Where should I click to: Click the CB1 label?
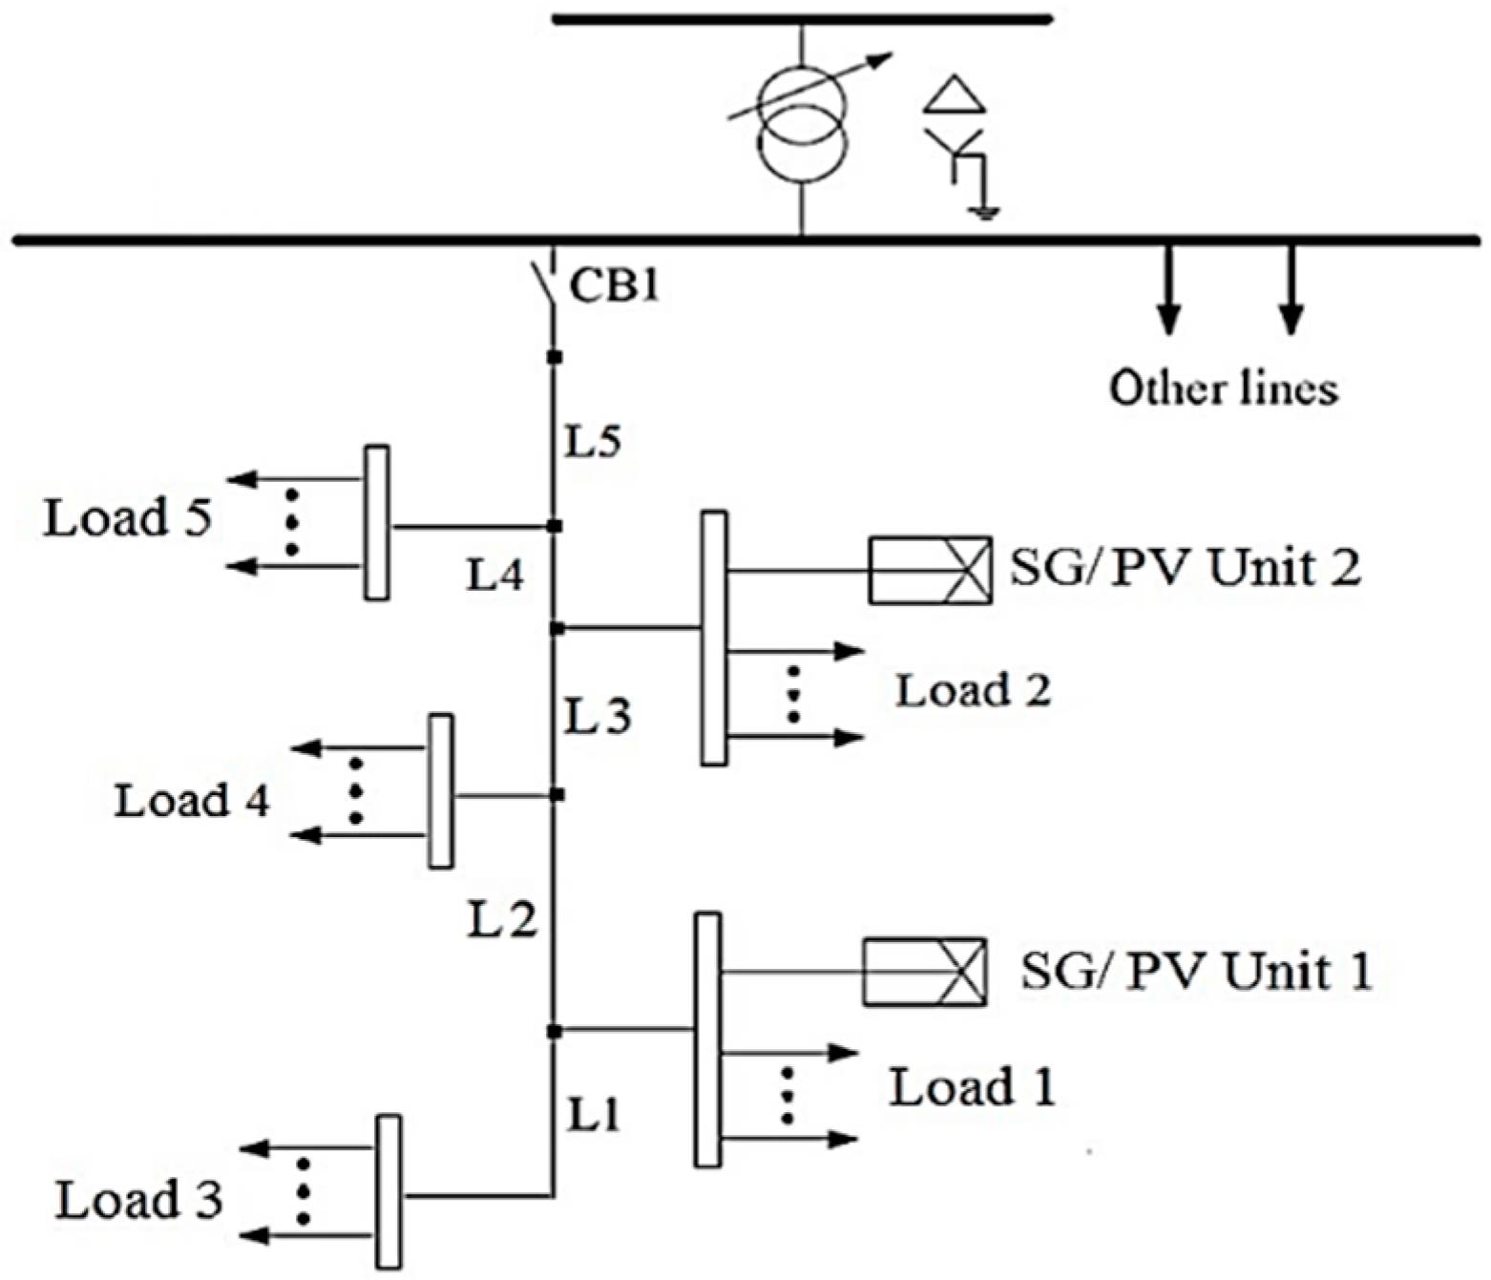coord(614,285)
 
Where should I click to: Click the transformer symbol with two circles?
coord(802,118)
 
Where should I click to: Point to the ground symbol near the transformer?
coord(984,212)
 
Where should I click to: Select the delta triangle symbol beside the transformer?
coord(955,95)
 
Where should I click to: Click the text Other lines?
coord(1223,388)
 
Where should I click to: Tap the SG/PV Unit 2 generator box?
coord(930,570)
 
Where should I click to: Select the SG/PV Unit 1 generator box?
coord(924,972)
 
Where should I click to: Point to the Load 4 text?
coord(192,800)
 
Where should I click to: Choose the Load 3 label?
coord(139,1200)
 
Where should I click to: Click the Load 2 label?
coord(973,690)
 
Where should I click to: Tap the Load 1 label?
coord(973,1087)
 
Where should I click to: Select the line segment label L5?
coord(594,441)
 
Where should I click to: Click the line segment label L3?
coord(598,716)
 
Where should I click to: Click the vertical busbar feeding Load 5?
coord(377,522)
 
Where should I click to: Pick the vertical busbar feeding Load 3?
coord(388,1191)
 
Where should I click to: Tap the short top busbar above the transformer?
coord(802,18)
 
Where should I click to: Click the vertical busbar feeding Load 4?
coord(440,790)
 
